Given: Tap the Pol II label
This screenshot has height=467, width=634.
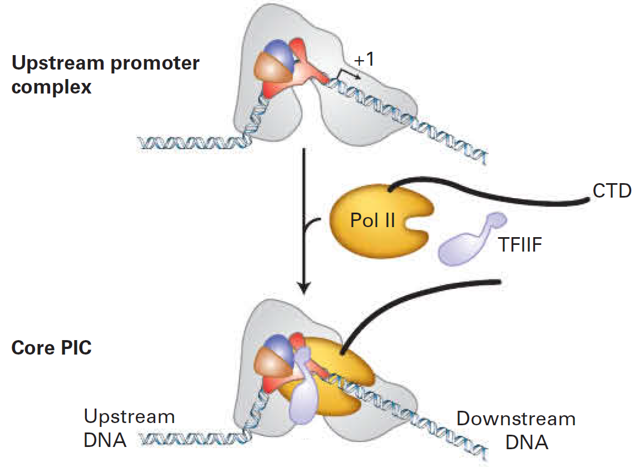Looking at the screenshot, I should point(372,220).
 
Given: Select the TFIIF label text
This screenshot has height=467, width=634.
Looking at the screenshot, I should point(519,244).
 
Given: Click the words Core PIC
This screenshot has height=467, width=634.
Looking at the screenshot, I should point(51,348).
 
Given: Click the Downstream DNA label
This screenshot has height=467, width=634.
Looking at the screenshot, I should point(516,430).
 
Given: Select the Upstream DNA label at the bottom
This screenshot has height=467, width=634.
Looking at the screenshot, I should point(129,429).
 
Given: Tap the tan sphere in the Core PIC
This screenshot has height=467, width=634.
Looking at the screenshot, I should point(270,367).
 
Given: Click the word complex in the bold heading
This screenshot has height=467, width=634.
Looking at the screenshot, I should point(51,87).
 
